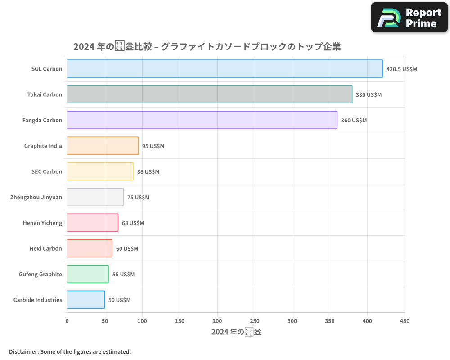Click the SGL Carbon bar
tap(225, 69)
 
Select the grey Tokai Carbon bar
tap(210, 94)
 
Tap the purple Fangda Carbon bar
tap(202, 120)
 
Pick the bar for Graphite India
tap(103, 146)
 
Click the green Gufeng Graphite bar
tap(88, 274)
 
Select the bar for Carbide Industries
tap(86, 300)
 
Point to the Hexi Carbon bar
tap(90, 248)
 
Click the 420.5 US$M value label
tap(402, 69)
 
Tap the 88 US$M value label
tap(148, 172)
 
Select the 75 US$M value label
tap(138, 198)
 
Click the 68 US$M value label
tap(133, 223)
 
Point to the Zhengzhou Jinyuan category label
tap(36, 197)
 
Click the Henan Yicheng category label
tap(42, 223)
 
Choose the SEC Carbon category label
tap(47, 171)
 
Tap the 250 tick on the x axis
tap(255, 321)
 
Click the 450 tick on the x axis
tap(405, 321)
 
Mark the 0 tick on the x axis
tap(67, 321)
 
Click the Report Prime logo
tap(409, 18)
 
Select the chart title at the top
tap(207, 47)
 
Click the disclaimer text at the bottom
tap(70, 351)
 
